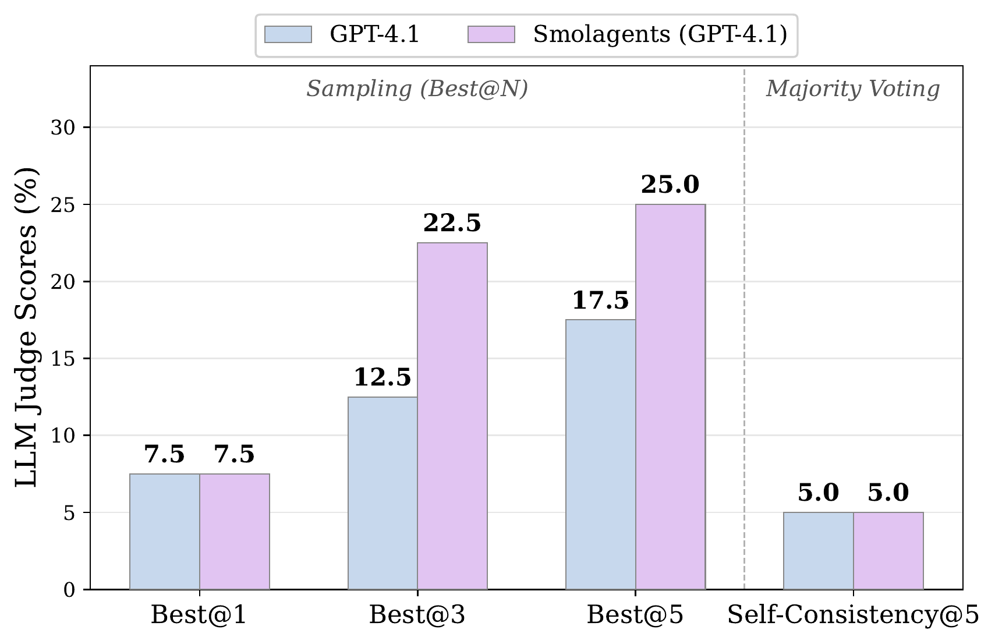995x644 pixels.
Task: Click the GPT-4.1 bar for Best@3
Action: point(383,493)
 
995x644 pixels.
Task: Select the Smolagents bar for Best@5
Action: point(670,397)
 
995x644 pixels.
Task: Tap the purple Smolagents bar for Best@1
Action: point(235,531)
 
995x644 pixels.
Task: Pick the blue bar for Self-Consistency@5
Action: point(818,550)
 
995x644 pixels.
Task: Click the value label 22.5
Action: point(452,224)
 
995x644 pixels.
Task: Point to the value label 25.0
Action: point(670,185)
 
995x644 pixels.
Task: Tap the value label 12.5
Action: point(383,378)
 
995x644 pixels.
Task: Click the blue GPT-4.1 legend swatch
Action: point(288,34)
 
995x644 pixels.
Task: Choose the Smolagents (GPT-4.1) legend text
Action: point(660,35)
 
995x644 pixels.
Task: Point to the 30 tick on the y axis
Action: point(62,128)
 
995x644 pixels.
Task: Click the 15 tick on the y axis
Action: point(62,359)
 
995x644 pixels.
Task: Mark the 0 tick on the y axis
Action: point(69,590)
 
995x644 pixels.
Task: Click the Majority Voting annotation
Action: point(852,89)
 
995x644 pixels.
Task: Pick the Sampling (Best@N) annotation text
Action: point(417,89)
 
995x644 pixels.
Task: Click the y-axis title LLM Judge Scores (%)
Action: point(27,327)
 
